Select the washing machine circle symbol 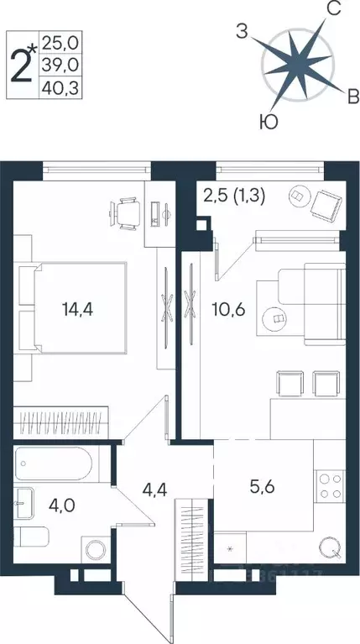coord(93,551)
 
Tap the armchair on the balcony coord(324,202)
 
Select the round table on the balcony coord(295,194)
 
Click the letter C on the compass coord(331,11)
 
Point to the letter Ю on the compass coord(268,123)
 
